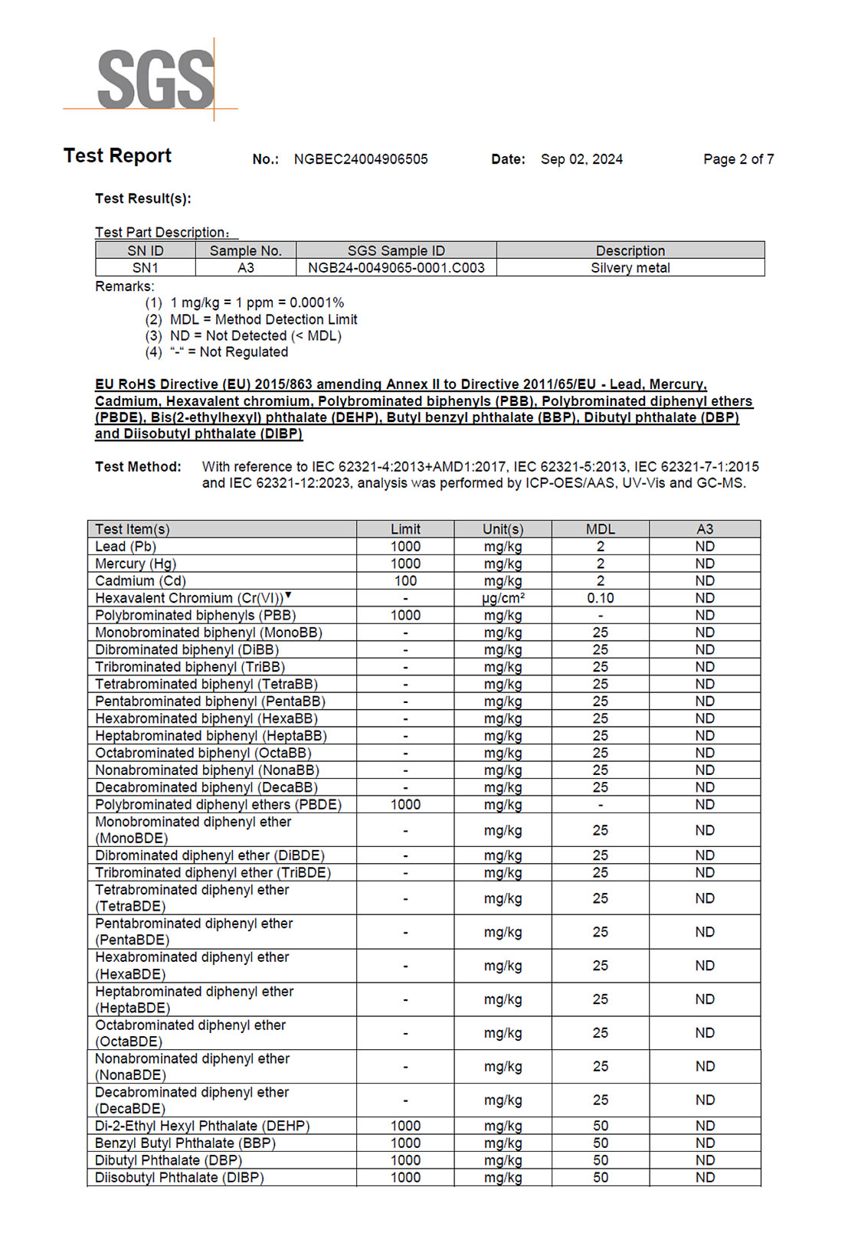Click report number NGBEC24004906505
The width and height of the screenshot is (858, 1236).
point(361,159)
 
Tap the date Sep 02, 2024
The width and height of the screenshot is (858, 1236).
point(581,159)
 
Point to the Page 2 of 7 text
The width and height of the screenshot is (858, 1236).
point(738,159)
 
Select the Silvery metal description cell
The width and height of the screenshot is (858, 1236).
point(630,268)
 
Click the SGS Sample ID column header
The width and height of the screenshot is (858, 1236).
point(395,250)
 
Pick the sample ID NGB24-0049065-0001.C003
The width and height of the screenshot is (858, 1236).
point(396,268)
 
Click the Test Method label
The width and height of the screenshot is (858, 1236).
point(138,466)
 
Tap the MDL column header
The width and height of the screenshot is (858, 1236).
point(600,529)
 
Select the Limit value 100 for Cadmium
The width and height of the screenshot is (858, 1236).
point(405,581)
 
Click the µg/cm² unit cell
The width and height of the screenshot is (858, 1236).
point(503,598)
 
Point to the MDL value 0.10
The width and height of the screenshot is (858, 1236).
point(600,598)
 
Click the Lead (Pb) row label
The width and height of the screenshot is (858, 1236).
point(126,547)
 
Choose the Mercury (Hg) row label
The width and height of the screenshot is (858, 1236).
point(136,564)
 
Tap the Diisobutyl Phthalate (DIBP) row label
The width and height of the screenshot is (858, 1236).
point(179,1178)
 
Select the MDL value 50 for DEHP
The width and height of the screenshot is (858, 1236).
point(601,1126)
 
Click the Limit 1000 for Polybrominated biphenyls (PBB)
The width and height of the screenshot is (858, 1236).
point(405,616)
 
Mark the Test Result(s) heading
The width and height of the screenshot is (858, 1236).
point(143,198)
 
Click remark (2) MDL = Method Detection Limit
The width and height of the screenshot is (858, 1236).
point(263,319)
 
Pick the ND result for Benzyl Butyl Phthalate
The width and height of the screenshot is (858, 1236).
point(705,1143)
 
